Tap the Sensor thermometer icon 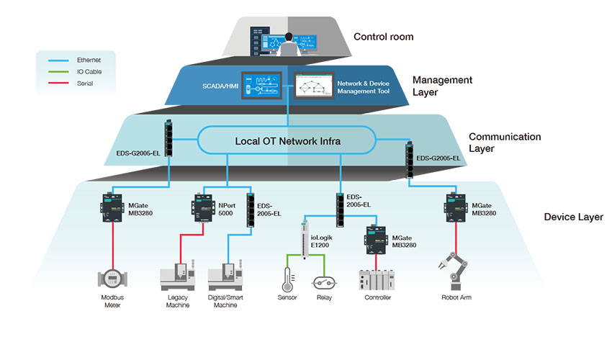[x=287, y=279]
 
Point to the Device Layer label [x=573, y=217]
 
